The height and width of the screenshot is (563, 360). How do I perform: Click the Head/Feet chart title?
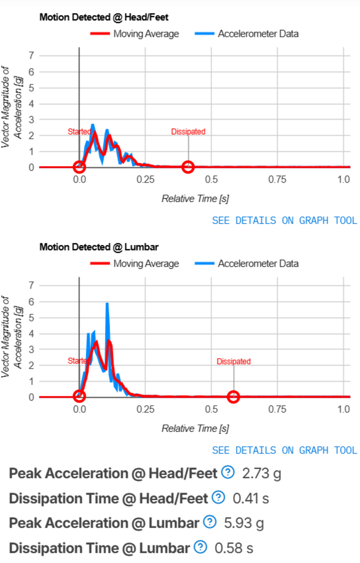point(104,17)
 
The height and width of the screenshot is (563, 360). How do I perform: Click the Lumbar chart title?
point(99,247)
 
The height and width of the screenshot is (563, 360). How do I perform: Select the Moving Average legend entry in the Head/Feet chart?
point(135,34)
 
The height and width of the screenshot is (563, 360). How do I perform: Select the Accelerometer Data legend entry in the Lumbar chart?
point(247,264)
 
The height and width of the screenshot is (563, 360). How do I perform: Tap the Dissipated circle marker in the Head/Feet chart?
point(188,167)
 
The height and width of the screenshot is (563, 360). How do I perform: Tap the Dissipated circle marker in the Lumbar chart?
point(233,397)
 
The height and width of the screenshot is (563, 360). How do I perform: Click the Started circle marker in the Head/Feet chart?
point(79,167)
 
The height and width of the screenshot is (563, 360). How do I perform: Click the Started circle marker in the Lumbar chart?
point(79,397)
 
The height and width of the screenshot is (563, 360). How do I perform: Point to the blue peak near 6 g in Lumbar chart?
point(107,304)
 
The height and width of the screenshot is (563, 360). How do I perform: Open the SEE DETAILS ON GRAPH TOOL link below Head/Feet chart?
point(284,220)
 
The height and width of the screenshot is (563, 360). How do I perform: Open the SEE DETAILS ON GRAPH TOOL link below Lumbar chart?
point(284,450)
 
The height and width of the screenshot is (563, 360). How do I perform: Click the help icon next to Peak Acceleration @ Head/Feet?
point(228,472)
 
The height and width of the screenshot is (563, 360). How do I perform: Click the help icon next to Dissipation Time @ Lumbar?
point(201,547)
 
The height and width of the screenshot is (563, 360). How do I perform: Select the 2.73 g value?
point(261,474)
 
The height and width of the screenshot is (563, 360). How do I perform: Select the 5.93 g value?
point(244,523)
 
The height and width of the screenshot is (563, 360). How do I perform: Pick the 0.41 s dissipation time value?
point(251,499)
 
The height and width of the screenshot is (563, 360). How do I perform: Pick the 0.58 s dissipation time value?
point(234,548)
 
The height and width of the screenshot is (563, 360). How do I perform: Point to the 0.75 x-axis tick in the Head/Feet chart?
point(277,179)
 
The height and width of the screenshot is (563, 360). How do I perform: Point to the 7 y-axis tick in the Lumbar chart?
point(32,286)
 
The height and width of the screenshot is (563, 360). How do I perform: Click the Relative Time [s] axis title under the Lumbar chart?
point(195,428)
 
